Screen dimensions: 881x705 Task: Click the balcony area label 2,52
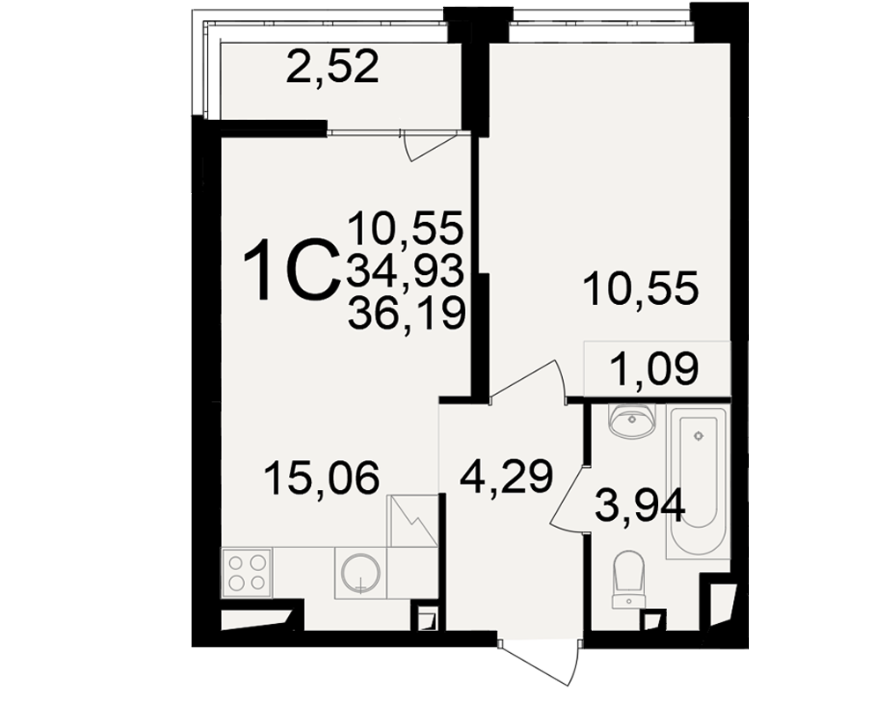point(332,67)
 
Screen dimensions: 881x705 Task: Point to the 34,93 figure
point(405,270)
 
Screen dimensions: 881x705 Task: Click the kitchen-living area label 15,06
point(322,479)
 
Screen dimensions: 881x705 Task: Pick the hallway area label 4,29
point(507,477)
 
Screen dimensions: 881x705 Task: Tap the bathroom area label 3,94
point(640,506)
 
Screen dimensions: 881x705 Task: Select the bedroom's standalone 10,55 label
point(641,288)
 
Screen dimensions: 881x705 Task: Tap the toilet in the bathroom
point(629,579)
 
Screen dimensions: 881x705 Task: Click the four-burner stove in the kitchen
point(248,572)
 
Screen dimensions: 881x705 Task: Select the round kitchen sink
point(360,573)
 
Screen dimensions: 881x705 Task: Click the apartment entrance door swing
point(539,663)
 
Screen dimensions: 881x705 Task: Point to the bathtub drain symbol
point(699,435)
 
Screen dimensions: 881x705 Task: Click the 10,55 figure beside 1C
point(405,227)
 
